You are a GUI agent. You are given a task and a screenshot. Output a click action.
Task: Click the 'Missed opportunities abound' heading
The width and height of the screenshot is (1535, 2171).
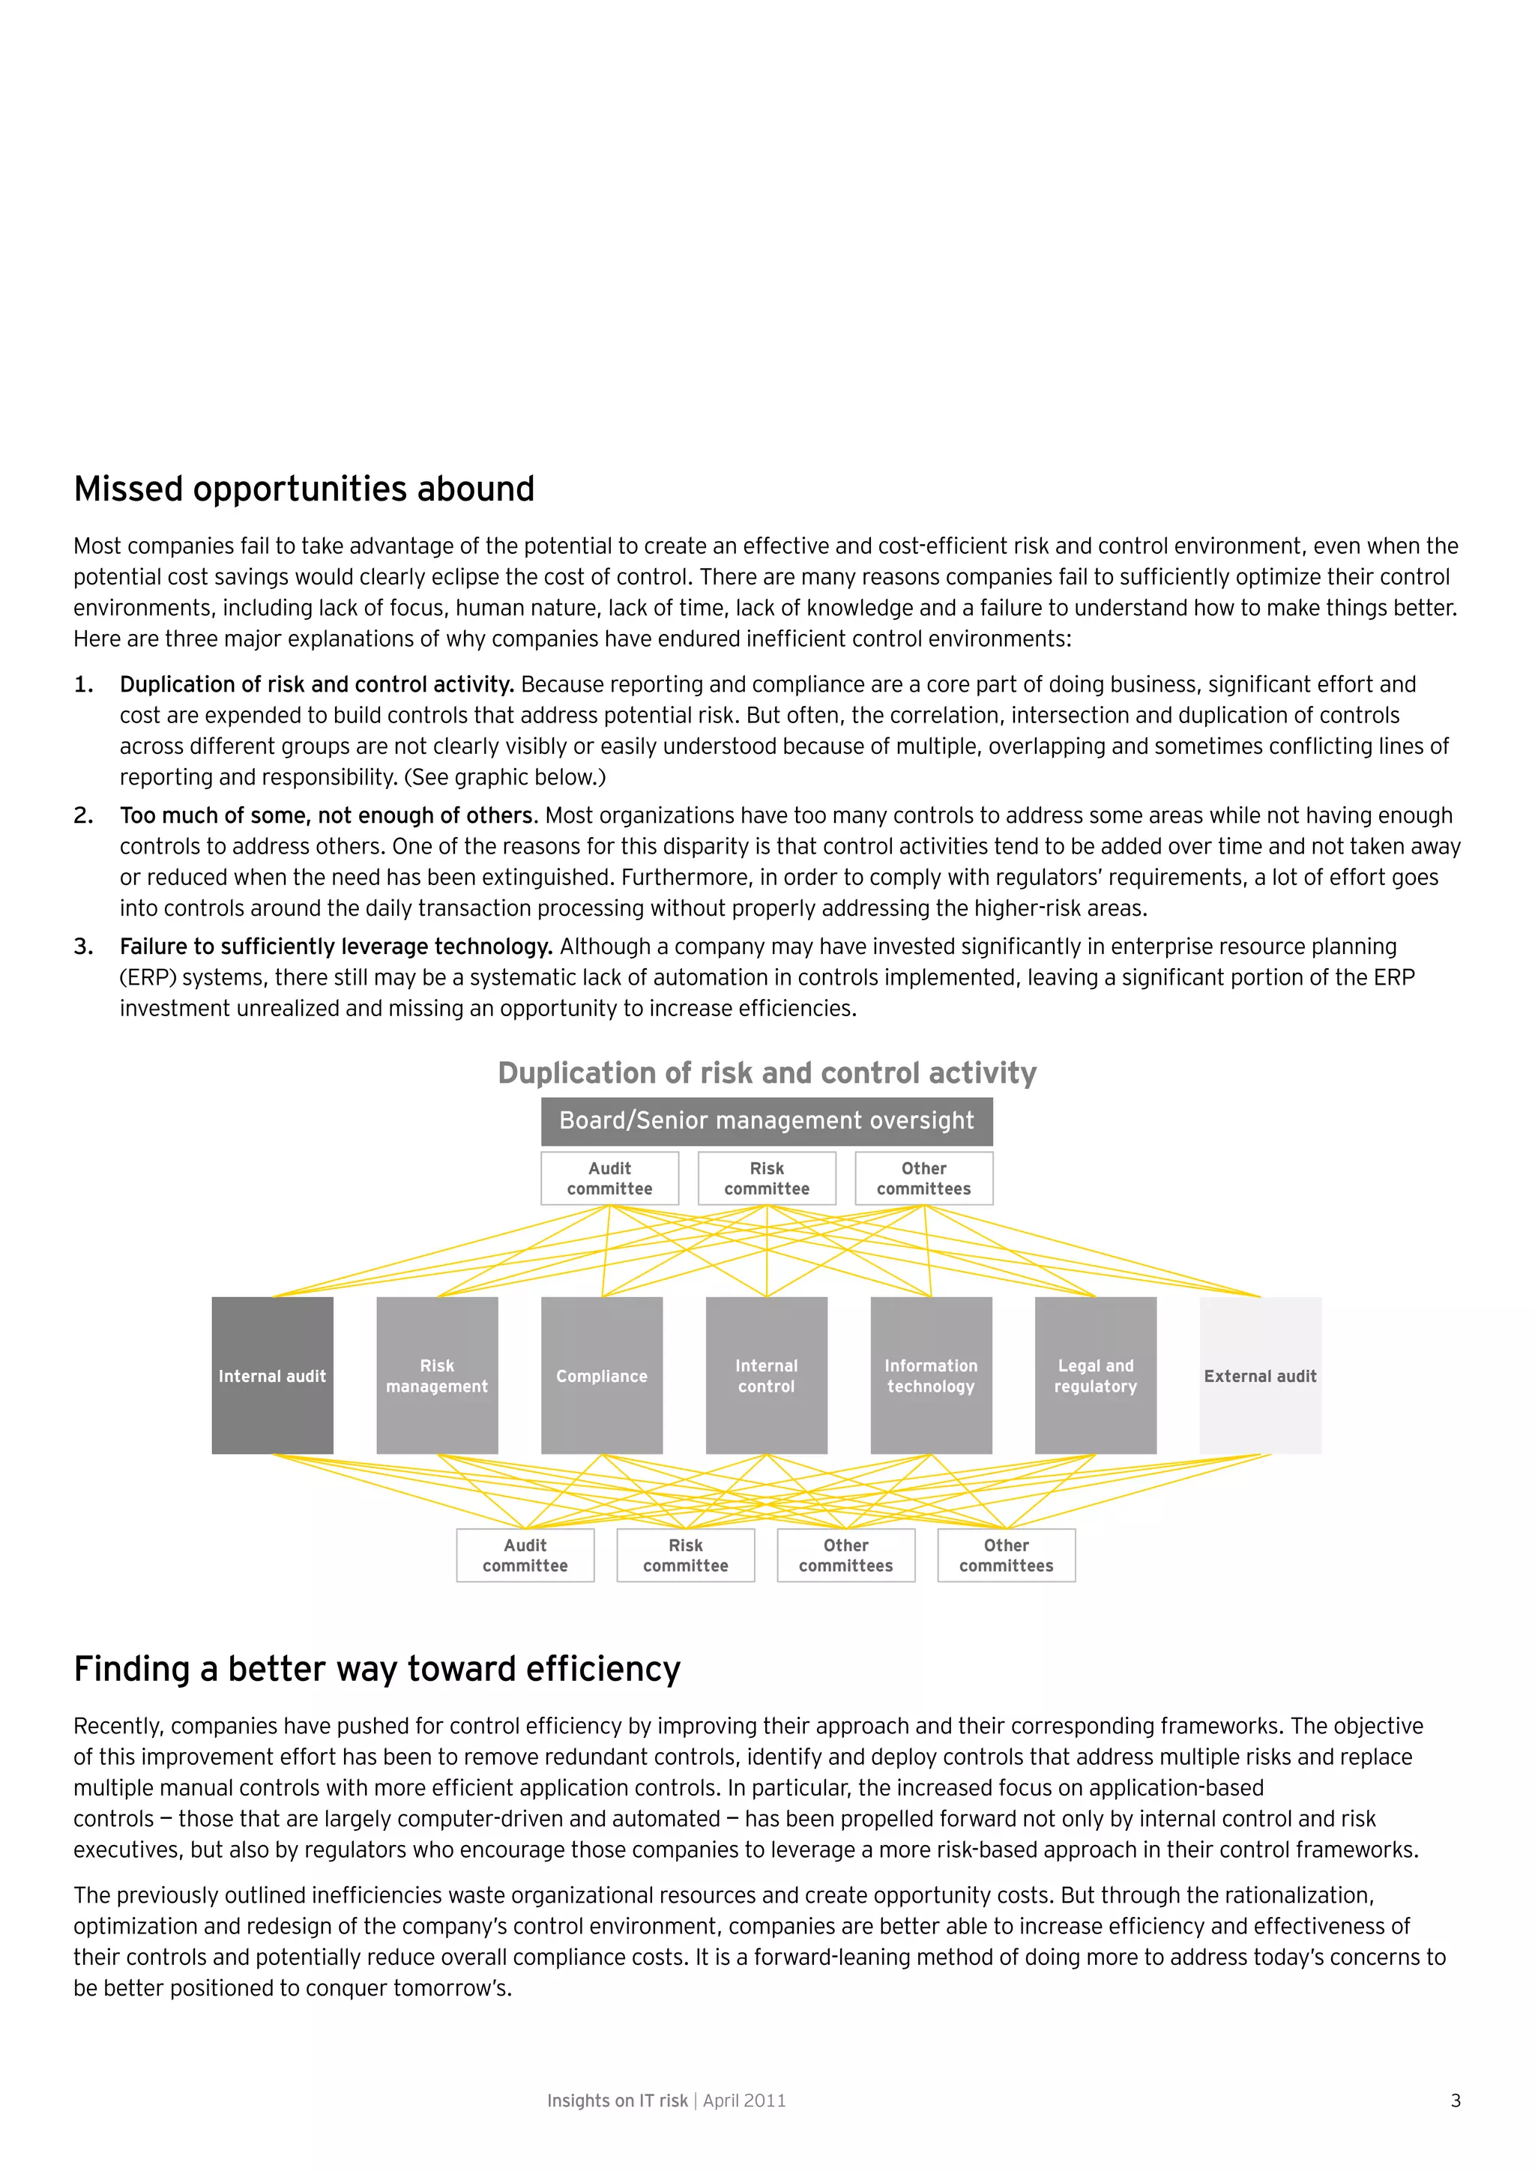pos(304,489)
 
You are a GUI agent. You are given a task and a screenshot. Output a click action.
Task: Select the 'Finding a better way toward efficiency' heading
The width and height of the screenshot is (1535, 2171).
pos(376,1669)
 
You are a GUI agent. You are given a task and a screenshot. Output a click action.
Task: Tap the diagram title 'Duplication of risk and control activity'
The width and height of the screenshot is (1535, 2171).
pos(767,1072)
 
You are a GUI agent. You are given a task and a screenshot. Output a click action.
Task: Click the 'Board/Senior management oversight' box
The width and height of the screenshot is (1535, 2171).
pos(766,1120)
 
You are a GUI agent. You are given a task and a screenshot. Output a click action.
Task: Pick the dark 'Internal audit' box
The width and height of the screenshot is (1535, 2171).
pos(272,1376)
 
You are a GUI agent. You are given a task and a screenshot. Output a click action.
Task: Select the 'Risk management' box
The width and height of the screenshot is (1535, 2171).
pos(437,1376)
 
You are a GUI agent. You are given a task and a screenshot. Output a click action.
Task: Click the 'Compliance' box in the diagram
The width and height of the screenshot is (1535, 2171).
pos(602,1376)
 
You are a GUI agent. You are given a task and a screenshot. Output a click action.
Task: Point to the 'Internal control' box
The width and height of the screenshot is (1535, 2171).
pos(766,1376)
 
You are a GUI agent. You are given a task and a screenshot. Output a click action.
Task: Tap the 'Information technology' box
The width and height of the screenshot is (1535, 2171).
pos(931,1376)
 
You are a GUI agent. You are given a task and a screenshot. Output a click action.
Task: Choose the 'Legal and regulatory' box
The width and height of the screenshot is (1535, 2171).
pos(1095,1376)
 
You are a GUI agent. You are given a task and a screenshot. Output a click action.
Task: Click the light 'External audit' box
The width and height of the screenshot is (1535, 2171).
pos(1260,1376)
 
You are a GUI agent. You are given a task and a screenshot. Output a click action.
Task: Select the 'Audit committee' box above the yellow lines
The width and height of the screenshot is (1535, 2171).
pos(610,1178)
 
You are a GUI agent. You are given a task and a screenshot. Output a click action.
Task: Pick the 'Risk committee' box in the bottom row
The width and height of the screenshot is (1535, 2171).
pos(686,1556)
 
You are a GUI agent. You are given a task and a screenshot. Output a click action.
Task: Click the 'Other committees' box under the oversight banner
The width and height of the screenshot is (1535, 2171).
pos(924,1178)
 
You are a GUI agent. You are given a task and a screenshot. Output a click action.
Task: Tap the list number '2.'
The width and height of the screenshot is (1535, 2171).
pos(83,815)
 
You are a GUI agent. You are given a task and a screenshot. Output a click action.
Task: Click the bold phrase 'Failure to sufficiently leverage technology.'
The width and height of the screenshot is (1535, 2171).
pos(336,946)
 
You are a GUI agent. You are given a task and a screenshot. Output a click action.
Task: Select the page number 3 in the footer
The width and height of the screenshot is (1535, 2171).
pos(1456,2101)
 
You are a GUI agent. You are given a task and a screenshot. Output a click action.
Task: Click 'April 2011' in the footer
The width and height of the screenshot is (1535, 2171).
pos(744,2101)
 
